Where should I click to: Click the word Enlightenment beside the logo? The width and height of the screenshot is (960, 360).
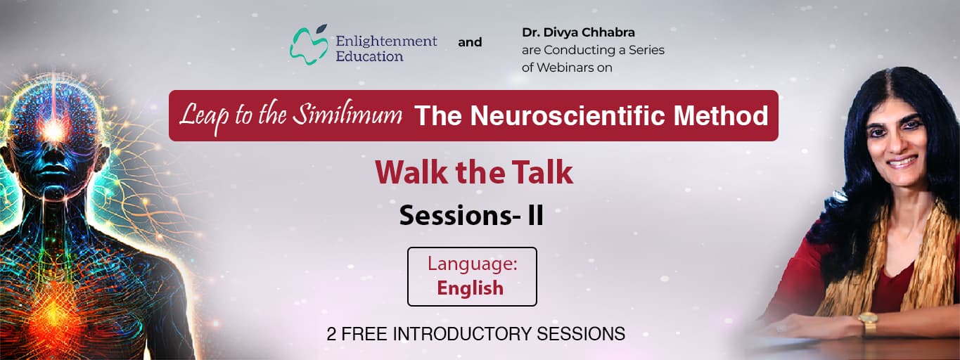pyautogui.click(x=386, y=41)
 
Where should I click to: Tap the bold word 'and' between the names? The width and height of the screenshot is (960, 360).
pyautogui.click(x=470, y=42)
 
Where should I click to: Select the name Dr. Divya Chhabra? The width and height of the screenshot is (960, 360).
pyautogui.click(x=578, y=32)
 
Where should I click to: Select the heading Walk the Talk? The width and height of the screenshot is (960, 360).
pyautogui.click(x=473, y=172)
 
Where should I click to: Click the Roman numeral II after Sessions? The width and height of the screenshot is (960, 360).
pyautogui.click(x=535, y=216)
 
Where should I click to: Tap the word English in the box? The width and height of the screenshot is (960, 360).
pyautogui.click(x=470, y=288)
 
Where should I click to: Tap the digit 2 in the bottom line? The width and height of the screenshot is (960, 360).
pyautogui.click(x=331, y=334)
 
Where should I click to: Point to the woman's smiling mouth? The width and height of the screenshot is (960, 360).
pyautogui.click(x=902, y=162)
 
